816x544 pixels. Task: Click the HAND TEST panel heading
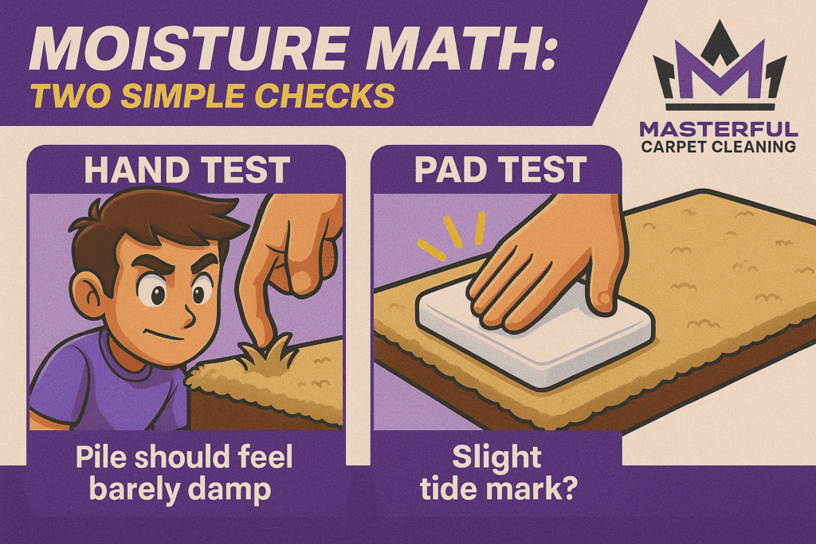pos(186,170)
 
